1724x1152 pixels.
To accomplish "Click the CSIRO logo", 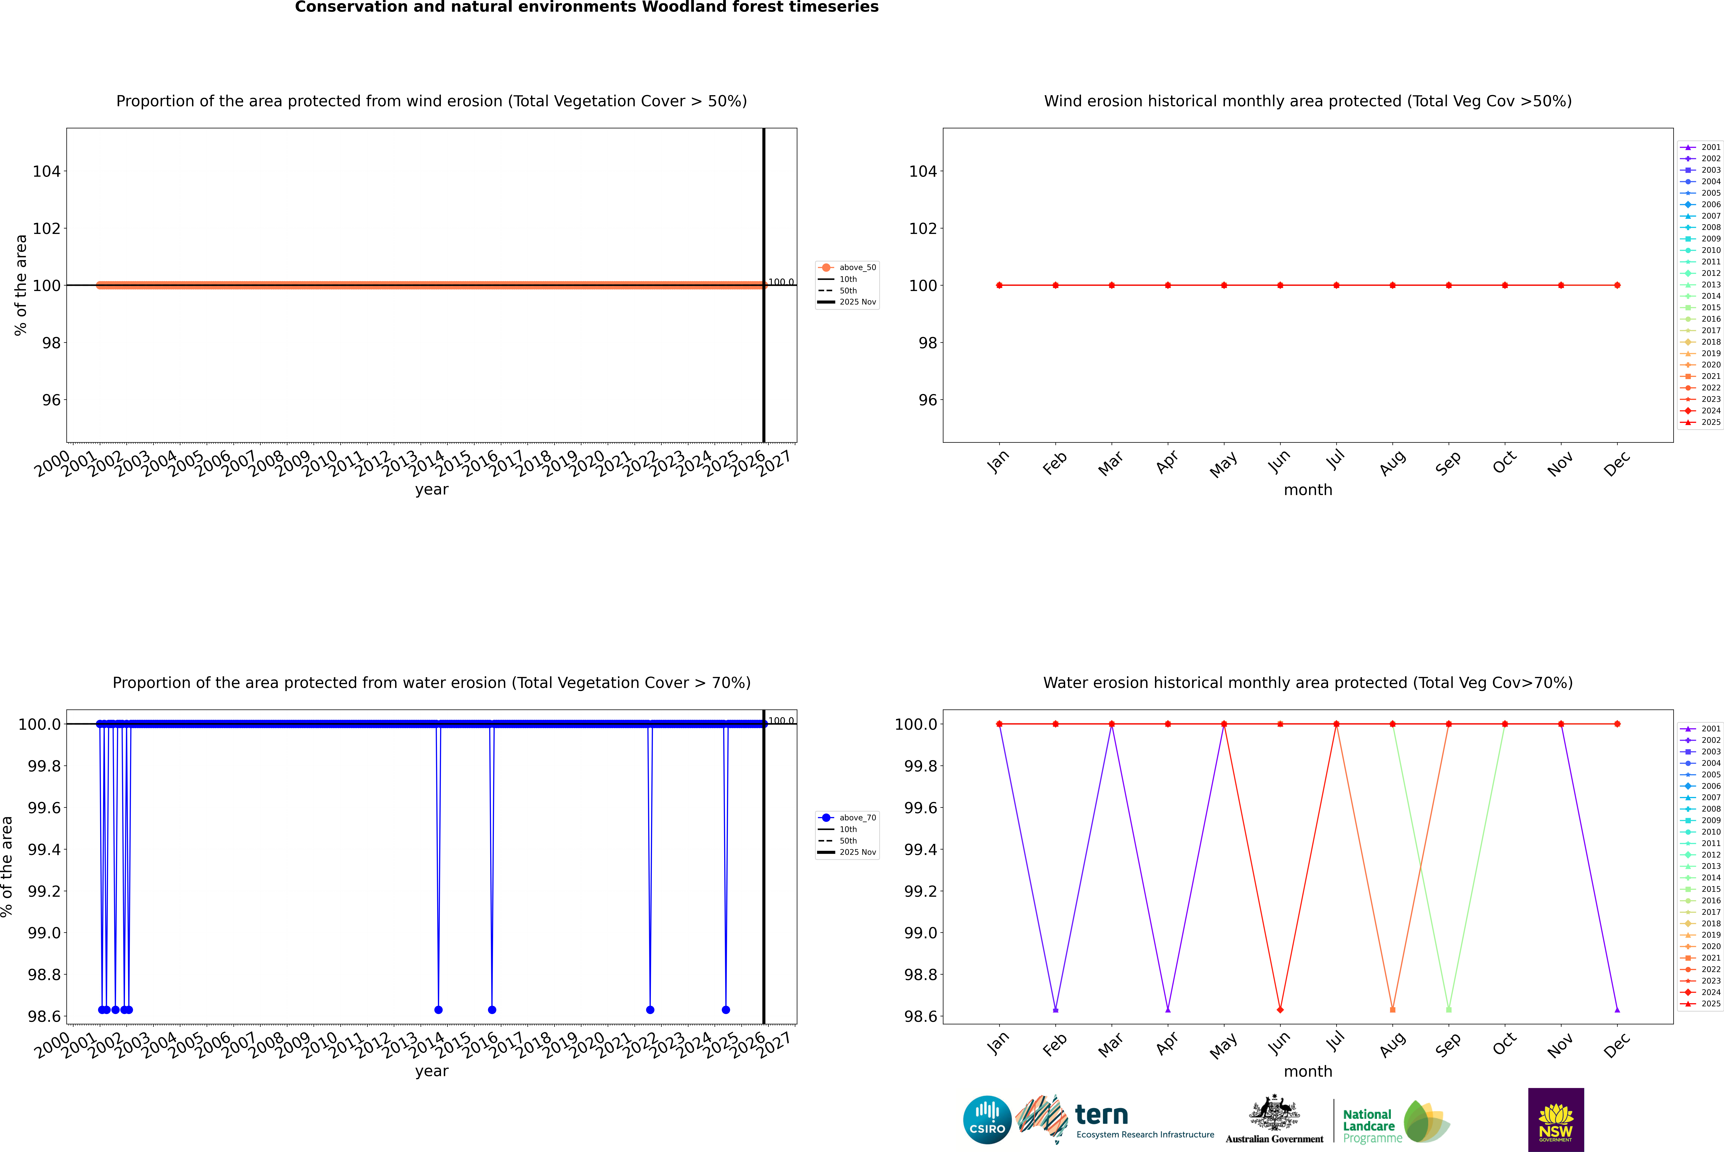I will (987, 1120).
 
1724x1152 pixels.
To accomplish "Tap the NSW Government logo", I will (1556, 1120).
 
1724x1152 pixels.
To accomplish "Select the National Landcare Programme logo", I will (1396, 1122).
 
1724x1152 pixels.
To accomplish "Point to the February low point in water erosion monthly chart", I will (1055, 1009).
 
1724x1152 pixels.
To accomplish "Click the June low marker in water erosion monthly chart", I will (1280, 1009).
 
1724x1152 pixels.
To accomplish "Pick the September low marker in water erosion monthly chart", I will (1448, 1009).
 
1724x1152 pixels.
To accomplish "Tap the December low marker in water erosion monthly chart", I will (1617, 1009).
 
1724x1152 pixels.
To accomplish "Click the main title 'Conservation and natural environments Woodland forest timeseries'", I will (586, 7).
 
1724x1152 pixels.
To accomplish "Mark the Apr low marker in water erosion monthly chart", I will (1168, 1009).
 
